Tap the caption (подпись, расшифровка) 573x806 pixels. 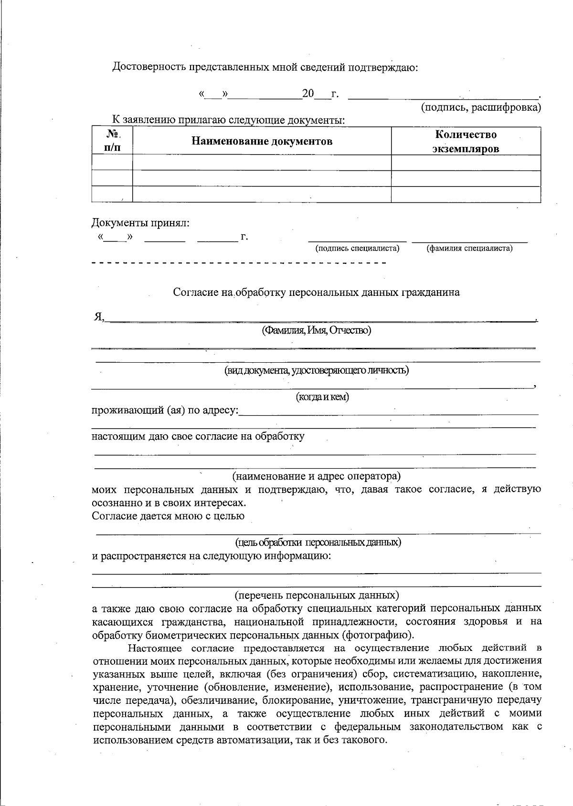(480, 107)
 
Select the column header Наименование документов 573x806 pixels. (262, 141)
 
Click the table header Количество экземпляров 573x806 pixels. (466, 142)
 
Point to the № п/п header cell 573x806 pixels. (112, 141)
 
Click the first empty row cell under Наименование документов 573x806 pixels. (262, 163)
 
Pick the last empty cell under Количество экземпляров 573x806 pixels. (466, 195)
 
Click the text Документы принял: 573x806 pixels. (140, 223)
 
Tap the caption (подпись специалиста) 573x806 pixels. (357, 249)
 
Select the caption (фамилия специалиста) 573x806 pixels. (469, 249)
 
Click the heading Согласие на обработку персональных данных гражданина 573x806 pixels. (316, 293)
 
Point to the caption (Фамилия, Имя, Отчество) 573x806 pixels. (316, 330)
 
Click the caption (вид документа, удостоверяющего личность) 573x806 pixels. (316, 370)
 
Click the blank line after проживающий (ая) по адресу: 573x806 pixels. (388, 411)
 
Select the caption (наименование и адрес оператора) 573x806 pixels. (316, 476)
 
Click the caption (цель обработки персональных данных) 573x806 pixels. (318, 543)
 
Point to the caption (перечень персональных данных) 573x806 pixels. (316, 596)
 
